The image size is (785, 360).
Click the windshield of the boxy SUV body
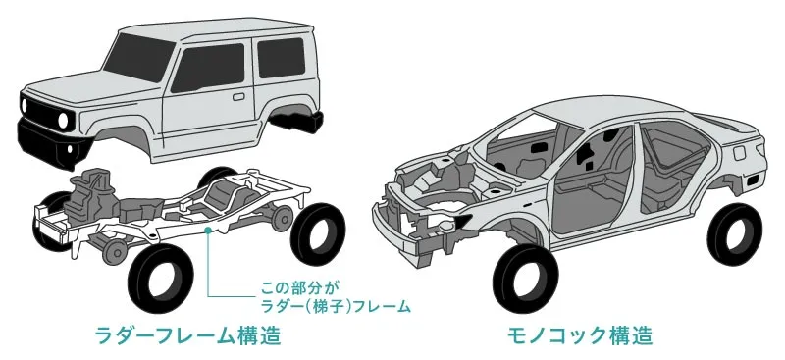(138, 57)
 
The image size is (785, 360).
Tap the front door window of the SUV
(208, 67)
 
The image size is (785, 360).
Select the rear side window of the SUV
(281, 57)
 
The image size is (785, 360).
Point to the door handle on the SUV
(238, 96)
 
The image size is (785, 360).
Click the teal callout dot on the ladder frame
(208, 230)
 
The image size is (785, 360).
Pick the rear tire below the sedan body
(734, 233)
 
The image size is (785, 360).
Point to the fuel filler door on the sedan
(739, 152)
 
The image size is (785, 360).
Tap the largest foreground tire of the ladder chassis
(160, 279)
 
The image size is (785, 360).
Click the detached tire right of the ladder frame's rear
(318, 233)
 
